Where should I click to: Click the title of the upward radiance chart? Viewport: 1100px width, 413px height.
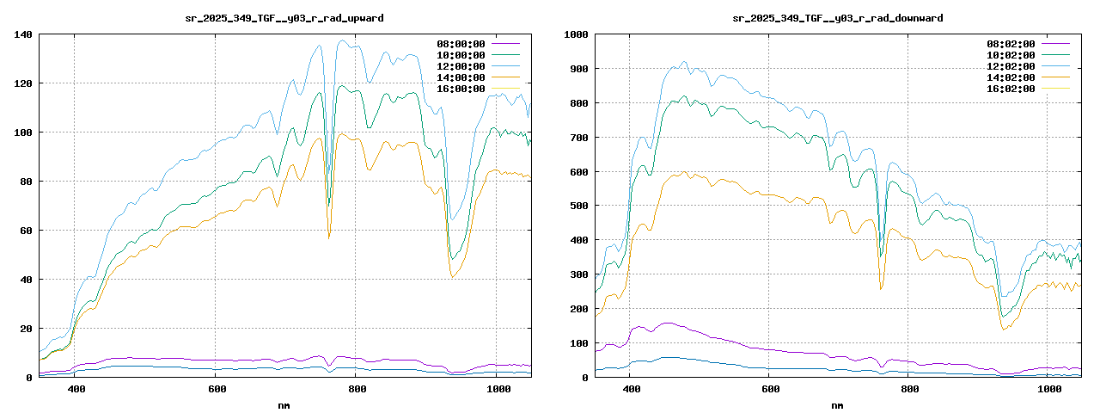tap(284, 18)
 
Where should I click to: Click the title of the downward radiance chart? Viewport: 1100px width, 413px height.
tap(838, 18)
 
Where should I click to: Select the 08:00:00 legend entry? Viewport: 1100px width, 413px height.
tap(461, 44)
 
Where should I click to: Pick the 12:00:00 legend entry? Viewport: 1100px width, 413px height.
tap(461, 66)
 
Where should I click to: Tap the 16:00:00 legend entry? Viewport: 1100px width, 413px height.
tap(461, 89)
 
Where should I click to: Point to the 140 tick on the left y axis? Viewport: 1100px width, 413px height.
tap(23, 34)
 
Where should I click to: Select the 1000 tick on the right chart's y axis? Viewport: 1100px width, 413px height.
tap(574, 34)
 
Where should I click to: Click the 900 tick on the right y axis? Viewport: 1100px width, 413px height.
tap(577, 69)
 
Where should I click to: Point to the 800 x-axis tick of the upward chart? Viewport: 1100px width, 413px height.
tap(357, 390)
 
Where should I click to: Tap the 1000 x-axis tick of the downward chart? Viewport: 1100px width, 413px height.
tap(1049, 390)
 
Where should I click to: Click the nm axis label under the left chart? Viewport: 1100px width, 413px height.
tap(284, 404)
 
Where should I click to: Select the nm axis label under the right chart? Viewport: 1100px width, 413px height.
tap(838, 404)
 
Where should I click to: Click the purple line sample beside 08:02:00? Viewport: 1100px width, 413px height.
tap(1058, 44)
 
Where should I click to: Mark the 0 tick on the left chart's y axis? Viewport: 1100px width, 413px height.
tap(29, 378)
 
